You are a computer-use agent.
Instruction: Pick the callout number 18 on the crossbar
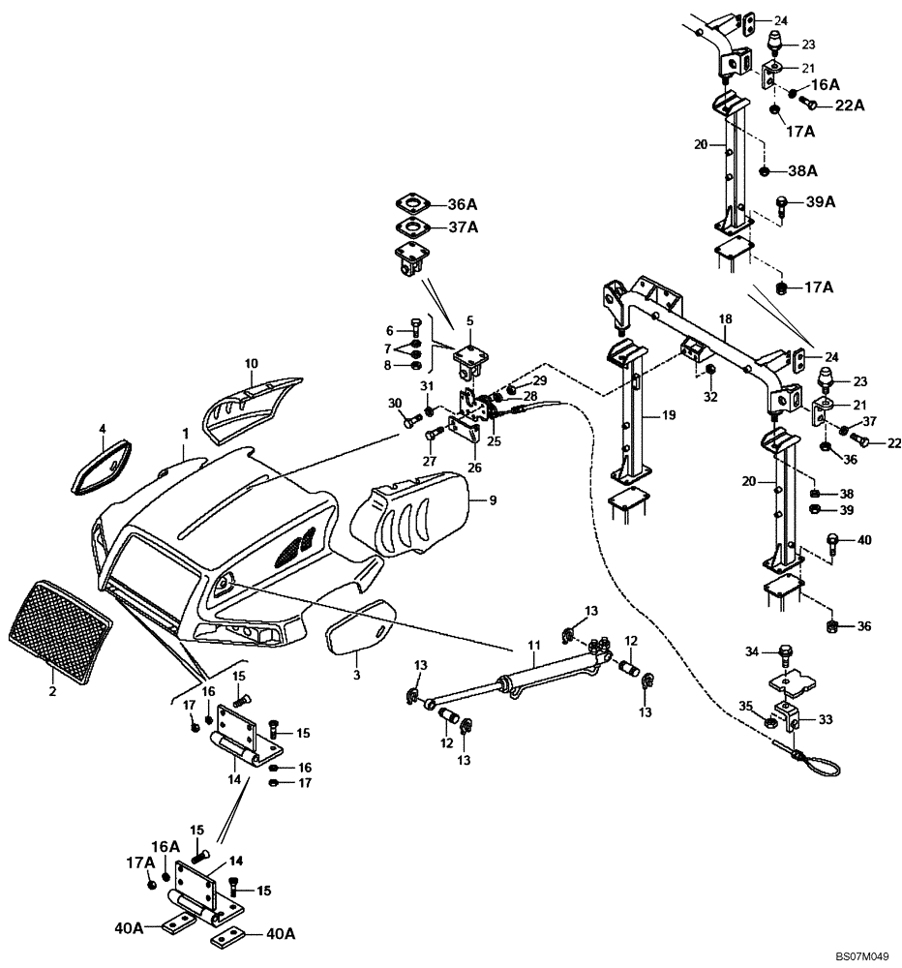725,318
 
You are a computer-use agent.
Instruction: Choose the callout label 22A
851,105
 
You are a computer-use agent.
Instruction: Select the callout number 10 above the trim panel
251,364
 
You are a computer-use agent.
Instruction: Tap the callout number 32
711,396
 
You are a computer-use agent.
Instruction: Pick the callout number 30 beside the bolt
394,404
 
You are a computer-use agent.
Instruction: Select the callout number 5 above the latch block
470,320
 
